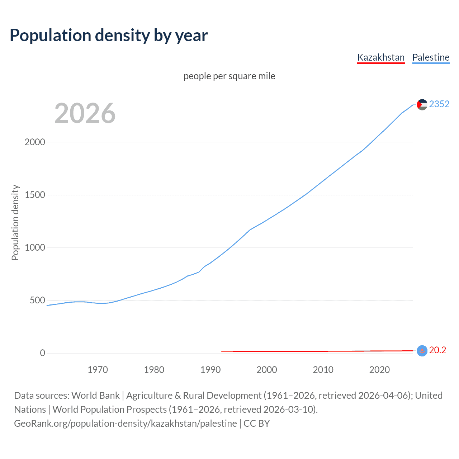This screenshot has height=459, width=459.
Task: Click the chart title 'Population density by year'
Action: tap(109, 35)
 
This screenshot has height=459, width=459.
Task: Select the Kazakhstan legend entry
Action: tap(381, 57)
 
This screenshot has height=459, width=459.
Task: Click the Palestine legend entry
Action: tap(431, 57)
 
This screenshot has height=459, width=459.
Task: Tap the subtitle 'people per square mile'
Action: tap(229, 76)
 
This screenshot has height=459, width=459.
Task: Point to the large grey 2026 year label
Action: tap(85, 113)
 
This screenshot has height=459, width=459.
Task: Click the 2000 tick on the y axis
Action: tap(35, 142)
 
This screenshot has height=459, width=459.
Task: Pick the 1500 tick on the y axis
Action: tap(35, 195)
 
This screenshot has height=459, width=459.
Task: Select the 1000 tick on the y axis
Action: tap(35, 247)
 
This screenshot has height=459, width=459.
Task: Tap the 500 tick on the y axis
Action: tap(37, 300)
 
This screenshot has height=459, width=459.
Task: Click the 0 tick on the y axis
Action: tap(43, 353)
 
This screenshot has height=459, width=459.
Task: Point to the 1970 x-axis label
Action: tap(98, 370)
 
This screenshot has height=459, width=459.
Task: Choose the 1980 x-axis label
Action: tap(154, 370)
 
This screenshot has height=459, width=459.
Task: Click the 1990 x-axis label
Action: tap(210, 370)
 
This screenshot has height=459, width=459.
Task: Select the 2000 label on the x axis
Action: tap(267, 370)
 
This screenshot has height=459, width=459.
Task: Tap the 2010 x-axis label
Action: tap(323, 370)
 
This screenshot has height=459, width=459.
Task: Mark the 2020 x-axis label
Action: tap(379, 370)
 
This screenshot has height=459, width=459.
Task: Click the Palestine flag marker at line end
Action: tap(422, 104)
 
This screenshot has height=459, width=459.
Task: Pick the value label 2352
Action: tap(439, 104)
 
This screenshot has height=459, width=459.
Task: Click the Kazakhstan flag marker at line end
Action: tap(422, 351)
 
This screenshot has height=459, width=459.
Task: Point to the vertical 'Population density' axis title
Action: tap(15, 222)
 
